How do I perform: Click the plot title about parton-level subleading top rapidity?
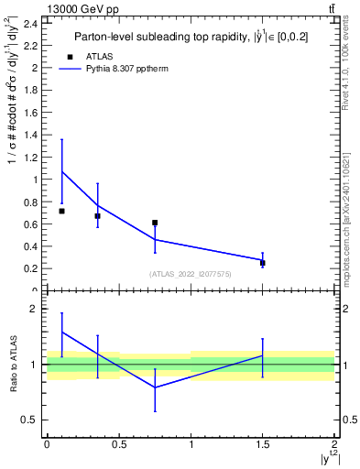(x=190, y=37)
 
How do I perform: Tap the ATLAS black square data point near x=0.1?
(x=61, y=211)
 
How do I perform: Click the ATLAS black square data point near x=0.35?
(x=97, y=216)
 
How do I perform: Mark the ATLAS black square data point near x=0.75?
(x=155, y=223)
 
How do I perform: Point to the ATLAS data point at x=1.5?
(x=263, y=263)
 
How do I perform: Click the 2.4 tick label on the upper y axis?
(x=30, y=23)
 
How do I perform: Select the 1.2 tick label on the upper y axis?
(x=30, y=157)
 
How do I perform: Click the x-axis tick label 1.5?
(x=263, y=444)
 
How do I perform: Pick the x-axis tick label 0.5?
(x=119, y=444)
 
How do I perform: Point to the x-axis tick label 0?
(x=47, y=444)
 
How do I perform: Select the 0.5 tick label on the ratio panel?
(x=30, y=420)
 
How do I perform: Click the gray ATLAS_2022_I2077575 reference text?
(x=191, y=273)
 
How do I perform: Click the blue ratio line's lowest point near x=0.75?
(x=155, y=387)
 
